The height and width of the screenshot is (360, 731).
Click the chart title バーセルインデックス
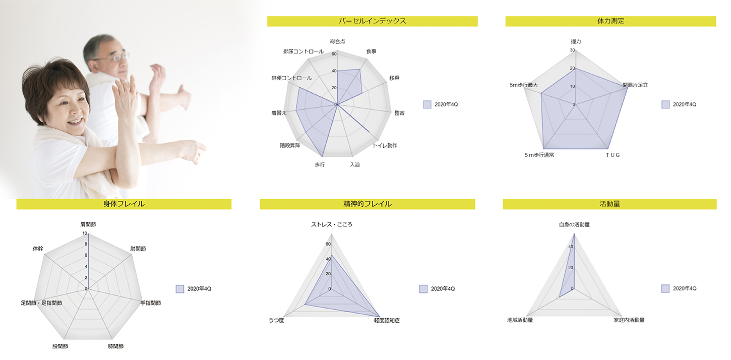[x=372, y=21]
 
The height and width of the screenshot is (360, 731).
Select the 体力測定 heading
[x=611, y=21]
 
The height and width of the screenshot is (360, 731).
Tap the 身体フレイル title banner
[x=124, y=204]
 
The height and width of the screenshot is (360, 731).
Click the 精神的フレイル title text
[x=367, y=204]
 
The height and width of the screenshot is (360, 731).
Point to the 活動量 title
[x=610, y=204]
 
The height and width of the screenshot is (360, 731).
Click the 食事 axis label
[x=371, y=51]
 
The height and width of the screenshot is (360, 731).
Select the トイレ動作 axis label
[x=385, y=146]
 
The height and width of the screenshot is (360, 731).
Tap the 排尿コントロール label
[x=303, y=51]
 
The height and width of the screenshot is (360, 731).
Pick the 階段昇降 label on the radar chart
[x=290, y=146]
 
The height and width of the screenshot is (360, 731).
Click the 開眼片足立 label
[x=635, y=85]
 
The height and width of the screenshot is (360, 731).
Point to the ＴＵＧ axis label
[x=613, y=155]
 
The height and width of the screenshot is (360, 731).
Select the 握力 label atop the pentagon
[x=575, y=41]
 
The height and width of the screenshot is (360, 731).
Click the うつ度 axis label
[x=277, y=320]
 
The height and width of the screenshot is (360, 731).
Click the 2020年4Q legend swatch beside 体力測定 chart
[x=665, y=104]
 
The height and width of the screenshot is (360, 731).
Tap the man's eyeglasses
[x=116, y=57]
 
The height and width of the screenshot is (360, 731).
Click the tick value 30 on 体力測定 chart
[x=572, y=50]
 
